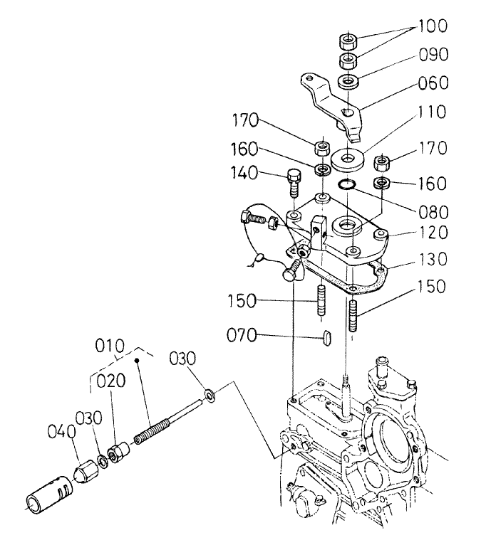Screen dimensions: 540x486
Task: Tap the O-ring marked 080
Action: (347, 185)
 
